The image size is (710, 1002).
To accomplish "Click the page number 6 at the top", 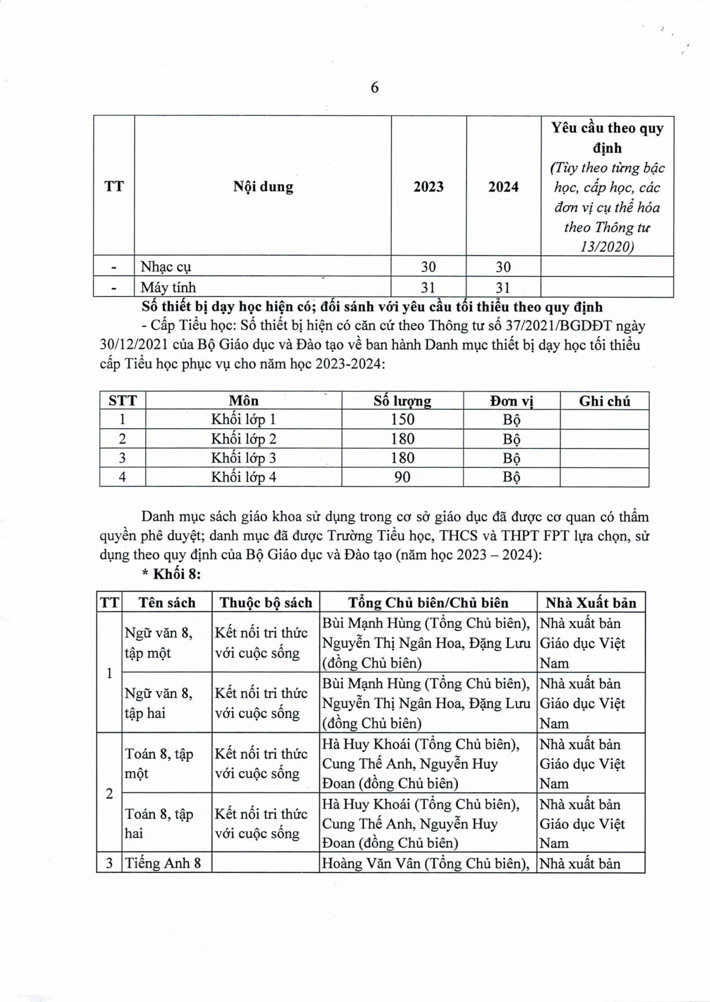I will (375, 88).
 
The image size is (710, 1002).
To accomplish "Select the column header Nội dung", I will (263, 187).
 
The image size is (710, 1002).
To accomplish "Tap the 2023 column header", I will (429, 187).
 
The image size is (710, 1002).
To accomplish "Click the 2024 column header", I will (503, 187).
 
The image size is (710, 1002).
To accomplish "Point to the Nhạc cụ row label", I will (166, 267).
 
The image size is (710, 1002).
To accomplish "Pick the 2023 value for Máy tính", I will (429, 288).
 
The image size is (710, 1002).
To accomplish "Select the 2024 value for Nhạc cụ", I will (503, 267).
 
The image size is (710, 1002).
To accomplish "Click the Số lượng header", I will (402, 401).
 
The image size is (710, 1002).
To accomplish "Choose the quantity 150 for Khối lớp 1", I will (402, 420).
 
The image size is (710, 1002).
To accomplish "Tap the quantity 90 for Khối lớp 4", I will (402, 477).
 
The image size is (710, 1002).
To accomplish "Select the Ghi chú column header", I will (604, 401).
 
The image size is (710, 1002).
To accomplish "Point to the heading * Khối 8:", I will (172, 575).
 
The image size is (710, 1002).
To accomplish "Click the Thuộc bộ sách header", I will (266, 603).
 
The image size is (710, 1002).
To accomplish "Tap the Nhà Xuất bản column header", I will (591, 603).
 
